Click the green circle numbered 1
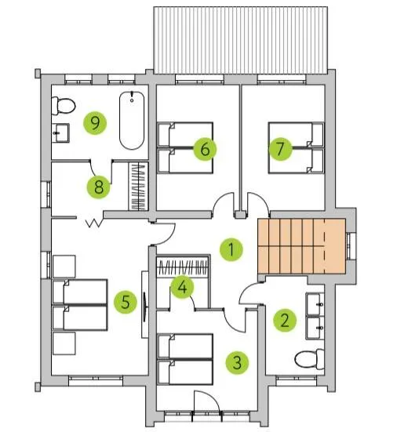(231, 249)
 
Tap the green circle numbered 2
(285, 320)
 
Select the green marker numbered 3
(237, 362)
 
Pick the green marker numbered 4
(182, 288)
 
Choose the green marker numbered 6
(205, 149)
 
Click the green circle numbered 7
(281, 149)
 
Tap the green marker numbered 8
(98, 187)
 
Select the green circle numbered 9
(95, 123)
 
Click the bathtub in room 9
(132, 121)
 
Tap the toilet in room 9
(64, 106)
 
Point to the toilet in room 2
(310, 359)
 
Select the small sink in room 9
(60, 133)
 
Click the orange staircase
(301, 246)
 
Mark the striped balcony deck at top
(241, 40)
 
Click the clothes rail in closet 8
(139, 187)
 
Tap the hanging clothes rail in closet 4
(182, 267)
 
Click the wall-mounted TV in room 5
(145, 304)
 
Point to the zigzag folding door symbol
(94, 223)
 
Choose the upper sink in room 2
(315, 304)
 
